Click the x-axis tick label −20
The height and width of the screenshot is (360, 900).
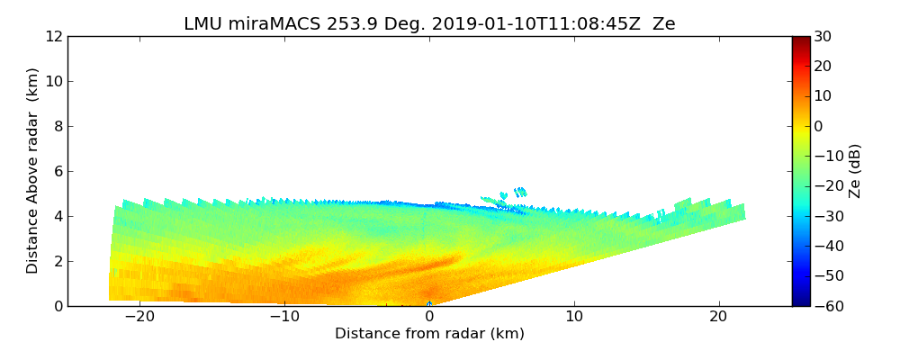pos(139,317)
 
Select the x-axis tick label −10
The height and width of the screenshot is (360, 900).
pos(283,317)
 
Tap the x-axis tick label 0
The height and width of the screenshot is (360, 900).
pos(429,317)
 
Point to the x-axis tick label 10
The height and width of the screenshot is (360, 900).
pos(574,317)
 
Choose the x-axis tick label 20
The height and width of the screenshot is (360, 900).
pos(719,317)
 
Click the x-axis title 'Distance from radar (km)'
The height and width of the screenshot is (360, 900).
pos(429,334)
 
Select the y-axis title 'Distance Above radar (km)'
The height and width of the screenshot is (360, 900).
pos(33,171)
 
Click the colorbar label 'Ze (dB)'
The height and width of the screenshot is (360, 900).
pos(855,171)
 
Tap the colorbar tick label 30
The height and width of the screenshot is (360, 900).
pos(823,37)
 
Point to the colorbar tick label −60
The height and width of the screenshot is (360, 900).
pos(827,306)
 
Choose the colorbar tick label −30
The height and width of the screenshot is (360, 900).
pos(827,216)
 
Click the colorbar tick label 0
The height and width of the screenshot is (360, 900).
pos(819,126)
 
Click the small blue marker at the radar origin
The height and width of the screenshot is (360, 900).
pos(429,304)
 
